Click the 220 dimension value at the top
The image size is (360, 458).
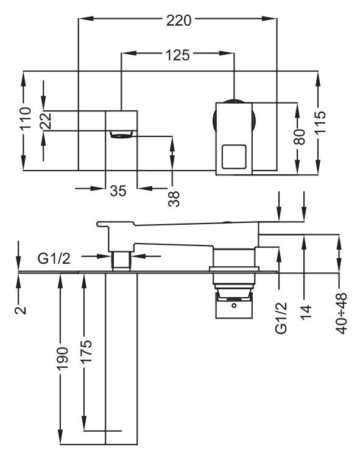coord(178,21)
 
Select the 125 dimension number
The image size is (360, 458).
coord(177,55)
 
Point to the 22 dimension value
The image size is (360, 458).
coord(46,121)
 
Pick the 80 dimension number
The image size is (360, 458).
coord(299,137)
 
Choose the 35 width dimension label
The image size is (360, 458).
coord(118,191)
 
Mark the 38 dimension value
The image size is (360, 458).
coord(174,199)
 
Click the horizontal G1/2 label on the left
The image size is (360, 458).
coord(54,258)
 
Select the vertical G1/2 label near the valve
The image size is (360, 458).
coord(281,319)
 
